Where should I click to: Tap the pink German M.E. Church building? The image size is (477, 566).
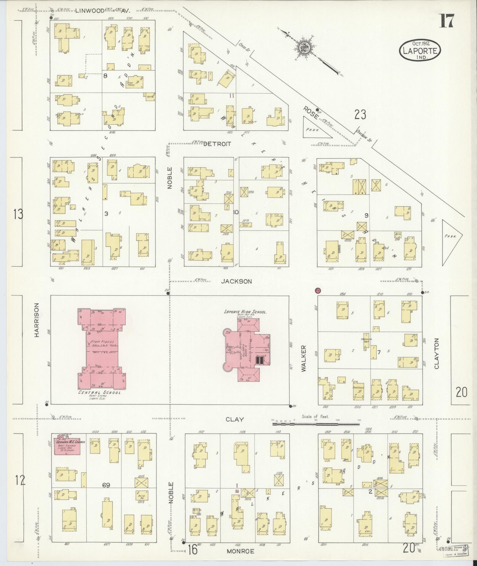click(x=67, y=448)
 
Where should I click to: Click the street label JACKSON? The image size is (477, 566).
click(x=241, y=281)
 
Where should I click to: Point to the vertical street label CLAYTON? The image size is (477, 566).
click(x=436, y=353)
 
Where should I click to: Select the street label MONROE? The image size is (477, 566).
click(x=240, y=551)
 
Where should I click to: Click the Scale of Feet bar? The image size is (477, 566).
click(x=316, y=424)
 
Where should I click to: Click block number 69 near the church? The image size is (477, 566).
click(x=106, y=485)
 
